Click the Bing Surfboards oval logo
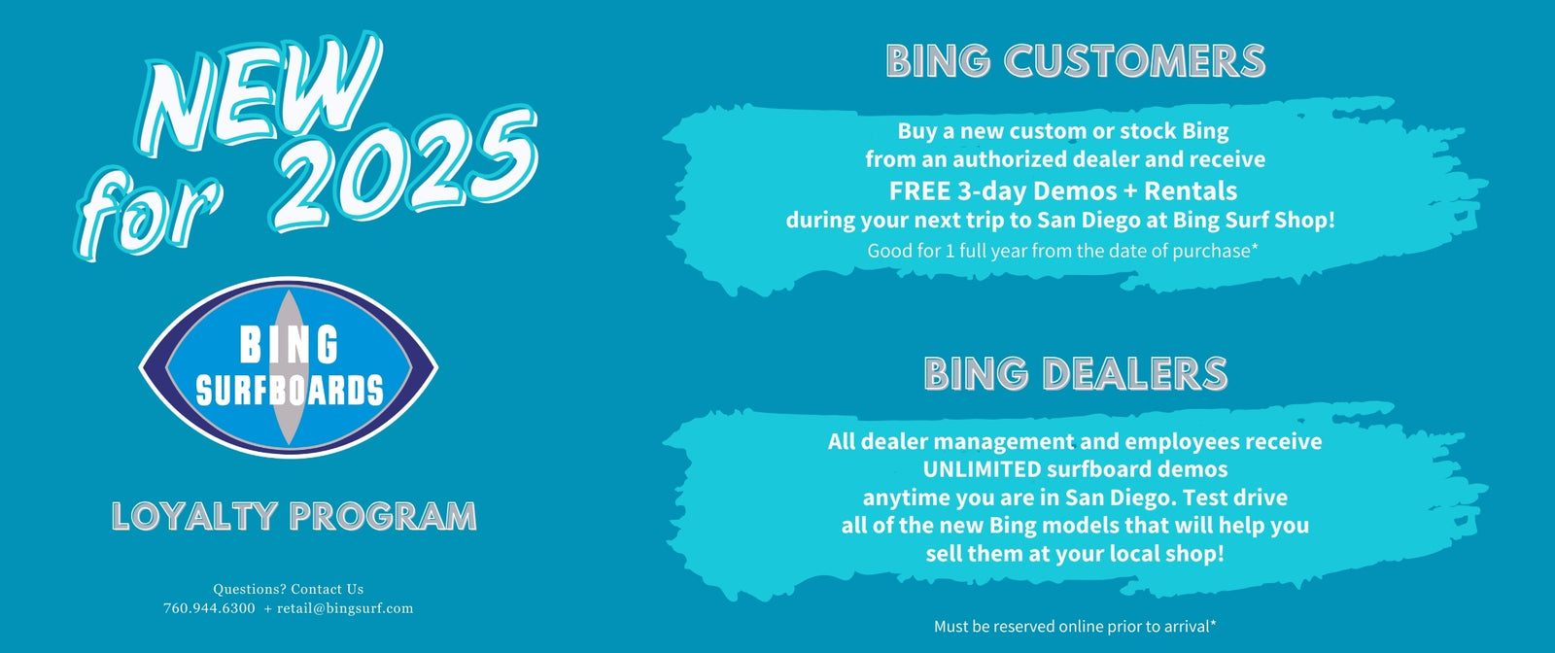pyautogui.click(x=288, y=367)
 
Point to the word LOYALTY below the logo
pyautogui.click(x=194, y=517)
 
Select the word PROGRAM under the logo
pyautogui.click(x=383, y=517)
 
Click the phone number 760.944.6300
pyautogui.click(x=209, y=608)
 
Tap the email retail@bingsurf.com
pyautogui.click(x=345, y=608)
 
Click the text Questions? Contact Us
pyautogui.click(x=288, y=589)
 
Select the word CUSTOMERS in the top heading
pyautogui.click(x=1135, y=61)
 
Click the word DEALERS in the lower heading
pyautogui.click(x=1135, y=374)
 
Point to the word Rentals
pyautogui.click(x=1191, y=190)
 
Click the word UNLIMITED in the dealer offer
pyautogui.click(x=982, y=469)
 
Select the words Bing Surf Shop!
pyautogui.click(x=1254, y=221)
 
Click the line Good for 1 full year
pyautogui.click(x=1063, y=251)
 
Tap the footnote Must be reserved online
pyautogui.click(x=1075, y=627)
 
